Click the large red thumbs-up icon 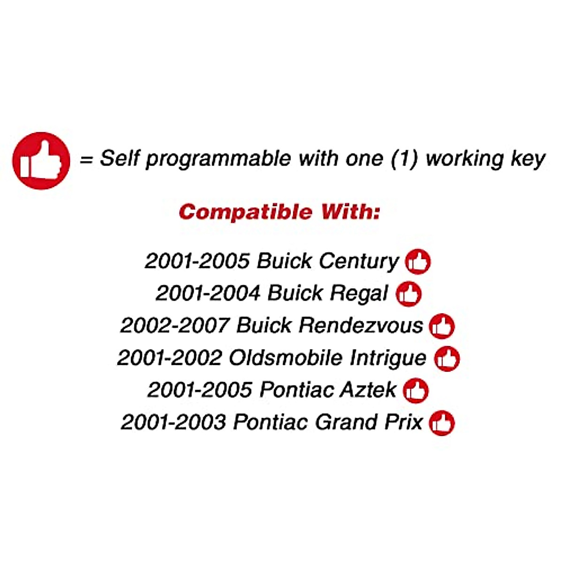tap(41, 161)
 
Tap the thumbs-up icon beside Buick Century tap(418, 261)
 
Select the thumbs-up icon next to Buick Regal tap(409, 294)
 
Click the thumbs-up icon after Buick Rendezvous tap(442, 326)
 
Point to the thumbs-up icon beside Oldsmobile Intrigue tap(447, 359)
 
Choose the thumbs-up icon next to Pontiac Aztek tap(416, 390)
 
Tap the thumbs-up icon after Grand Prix tap(442, 423)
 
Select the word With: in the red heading tap(350, 212)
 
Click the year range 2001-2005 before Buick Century tap(197, 261)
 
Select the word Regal tap(359, 294)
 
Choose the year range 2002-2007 tap(175, 325)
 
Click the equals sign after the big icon tap(86, 160)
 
